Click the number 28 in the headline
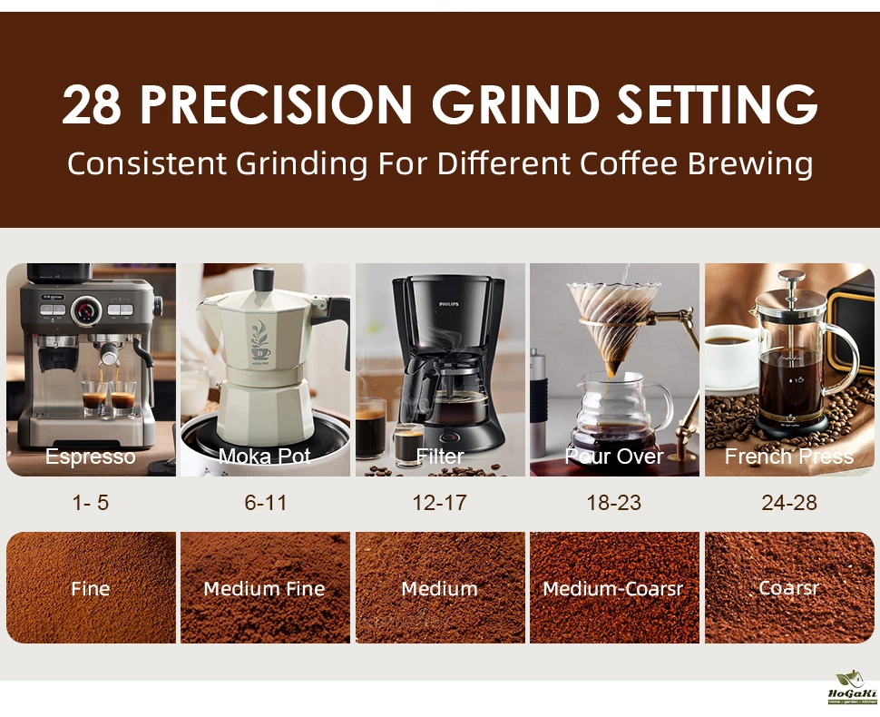(x=92, y=105)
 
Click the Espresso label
(x=91, y=457)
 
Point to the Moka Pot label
(x=264, y=456)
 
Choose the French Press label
(x=789, y=456)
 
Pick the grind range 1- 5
(x=91, y=503)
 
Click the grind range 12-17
(x=439, y=503)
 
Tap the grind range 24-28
(x=789, y=503)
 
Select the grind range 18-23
(x=614, y=503)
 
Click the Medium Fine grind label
(x=264, y=588)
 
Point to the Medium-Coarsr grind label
(x=613, y=588)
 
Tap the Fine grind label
(x=91, y=588)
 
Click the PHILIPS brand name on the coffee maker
(x=449, y=304)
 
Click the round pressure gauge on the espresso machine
(x=86, y=310)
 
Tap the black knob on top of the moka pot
(x=263, y=279)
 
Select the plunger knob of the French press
(x=791, y=275)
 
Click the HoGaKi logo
(x=852, y=687)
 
